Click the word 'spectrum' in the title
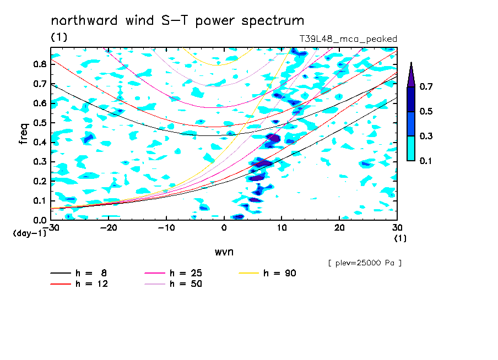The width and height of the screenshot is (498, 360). [273, 21]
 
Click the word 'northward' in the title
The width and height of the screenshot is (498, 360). [84, 20]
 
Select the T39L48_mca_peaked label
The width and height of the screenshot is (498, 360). [348, 39]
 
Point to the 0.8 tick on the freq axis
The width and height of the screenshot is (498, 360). [40, 64]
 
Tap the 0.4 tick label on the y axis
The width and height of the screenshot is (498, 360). [40, 142]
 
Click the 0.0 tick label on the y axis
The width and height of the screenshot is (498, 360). [40, 220]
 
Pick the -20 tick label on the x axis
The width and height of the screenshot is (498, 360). [109, 228]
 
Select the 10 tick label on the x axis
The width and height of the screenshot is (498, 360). [282, 228]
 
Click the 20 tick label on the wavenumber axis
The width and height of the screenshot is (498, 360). [339, 228]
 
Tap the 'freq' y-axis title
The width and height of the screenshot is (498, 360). [24, 134]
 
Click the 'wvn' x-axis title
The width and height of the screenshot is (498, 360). [224, 252]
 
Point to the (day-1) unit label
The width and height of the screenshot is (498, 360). [29, 233]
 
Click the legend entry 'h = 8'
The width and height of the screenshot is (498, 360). [79, 273]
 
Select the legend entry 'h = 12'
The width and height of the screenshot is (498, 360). [79, 283]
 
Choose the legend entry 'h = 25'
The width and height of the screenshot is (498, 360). [174, 273]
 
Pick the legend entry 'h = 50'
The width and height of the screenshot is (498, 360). [174, 283]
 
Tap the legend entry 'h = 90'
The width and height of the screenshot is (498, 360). [267, 273]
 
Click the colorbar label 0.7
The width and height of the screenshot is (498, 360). [426, 86]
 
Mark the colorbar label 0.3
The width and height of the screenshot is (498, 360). [426, 136]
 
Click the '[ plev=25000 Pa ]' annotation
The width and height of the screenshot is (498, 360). [365, 263]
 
